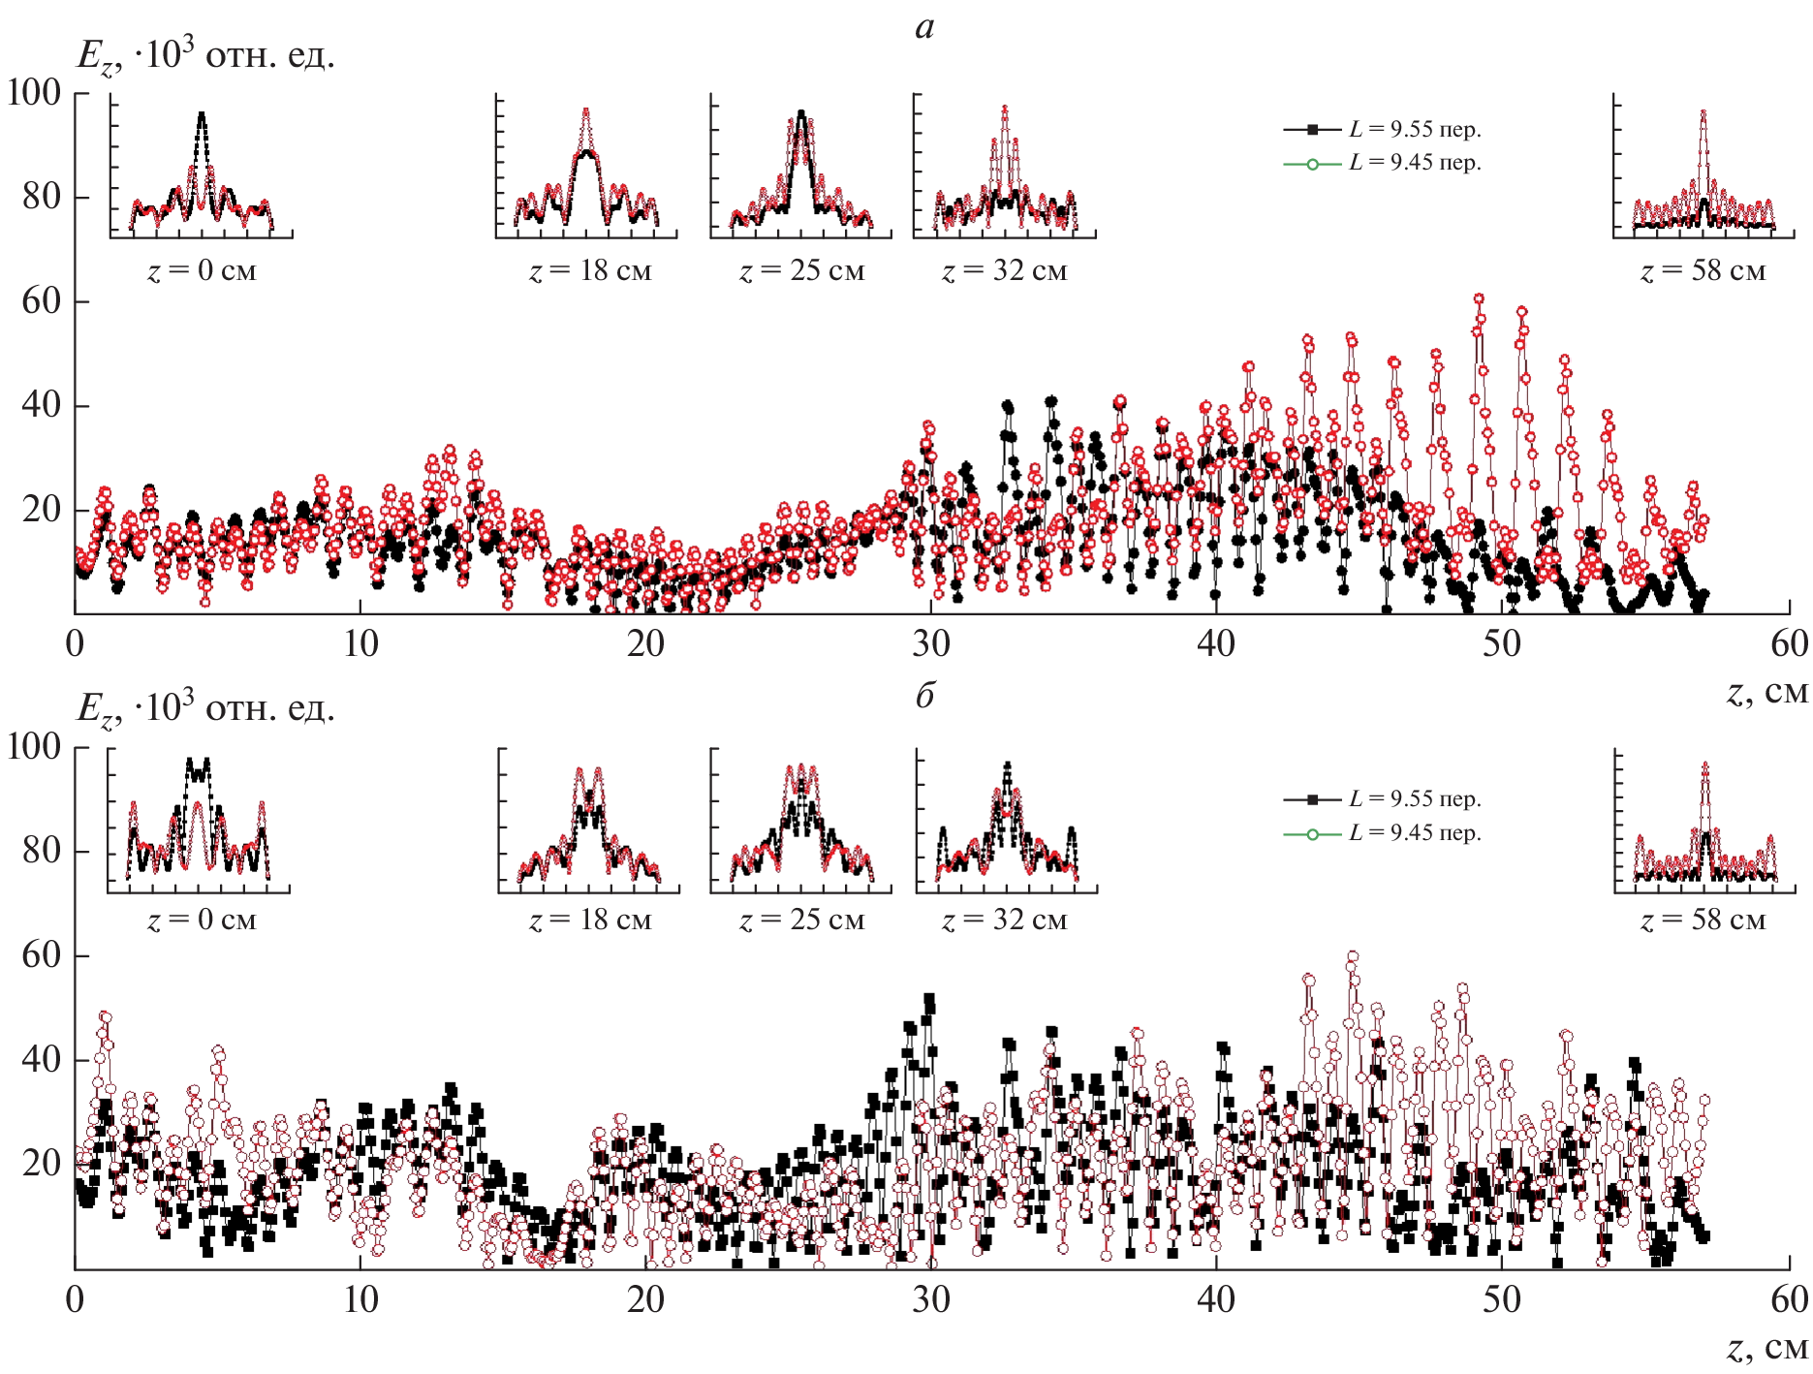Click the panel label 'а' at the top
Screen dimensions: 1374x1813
tap(924, 27)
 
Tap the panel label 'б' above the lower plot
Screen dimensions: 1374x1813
tap(924, 695)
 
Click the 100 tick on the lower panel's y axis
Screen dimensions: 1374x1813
tap(34, 746)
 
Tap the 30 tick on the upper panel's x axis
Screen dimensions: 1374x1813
tap(930, 644)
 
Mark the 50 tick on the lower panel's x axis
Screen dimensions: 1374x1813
tap(1501, 1299)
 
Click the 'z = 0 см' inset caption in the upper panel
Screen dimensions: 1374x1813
tap(202, 270)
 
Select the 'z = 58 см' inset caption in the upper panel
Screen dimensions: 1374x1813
tap(1703, 271)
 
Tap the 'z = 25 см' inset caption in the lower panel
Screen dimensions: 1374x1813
tap(801, 920)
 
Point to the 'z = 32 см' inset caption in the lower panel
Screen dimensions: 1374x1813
tap(1004, 920)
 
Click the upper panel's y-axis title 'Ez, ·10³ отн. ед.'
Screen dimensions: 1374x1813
tap(205, 56)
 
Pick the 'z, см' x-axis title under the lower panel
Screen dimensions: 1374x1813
tap(1767, 1348)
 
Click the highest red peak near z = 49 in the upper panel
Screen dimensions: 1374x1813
tap(1479, 299)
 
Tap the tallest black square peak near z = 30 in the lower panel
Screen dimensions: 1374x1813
tap(929, 998)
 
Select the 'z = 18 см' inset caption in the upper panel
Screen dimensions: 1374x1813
tap(590, 270)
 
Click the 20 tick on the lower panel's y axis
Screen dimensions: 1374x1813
tap(42, 1164)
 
